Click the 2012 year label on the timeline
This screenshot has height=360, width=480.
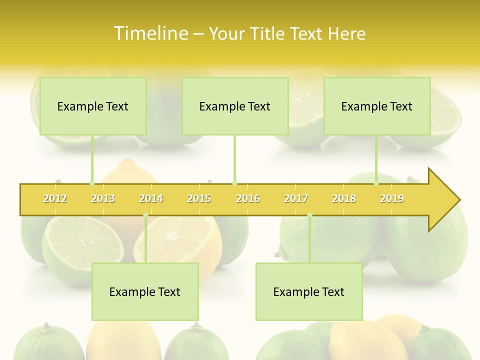pos(55,198)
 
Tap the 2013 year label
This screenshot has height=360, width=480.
pos(103,198)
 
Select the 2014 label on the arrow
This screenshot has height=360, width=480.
pos(151,198)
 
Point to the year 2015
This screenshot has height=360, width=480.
pos(199,198)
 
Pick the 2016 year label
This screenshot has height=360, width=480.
pos(248,198)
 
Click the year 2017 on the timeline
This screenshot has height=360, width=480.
pos(296,198)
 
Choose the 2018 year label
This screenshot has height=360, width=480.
pos(344,198)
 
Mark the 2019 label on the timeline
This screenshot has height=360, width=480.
pos(392,198)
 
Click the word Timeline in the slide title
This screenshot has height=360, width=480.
pos(150,33)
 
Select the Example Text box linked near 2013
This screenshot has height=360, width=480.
pos(93,106)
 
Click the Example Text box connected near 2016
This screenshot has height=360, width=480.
pos(235,106)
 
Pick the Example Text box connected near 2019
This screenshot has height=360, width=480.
pos(377,106)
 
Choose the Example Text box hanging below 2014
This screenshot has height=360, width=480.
pos(145,291)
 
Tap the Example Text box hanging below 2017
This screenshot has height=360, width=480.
pos(309,291)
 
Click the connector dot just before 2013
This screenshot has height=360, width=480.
pos(92,183)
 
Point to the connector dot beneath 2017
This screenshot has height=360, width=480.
pos(309,215)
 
